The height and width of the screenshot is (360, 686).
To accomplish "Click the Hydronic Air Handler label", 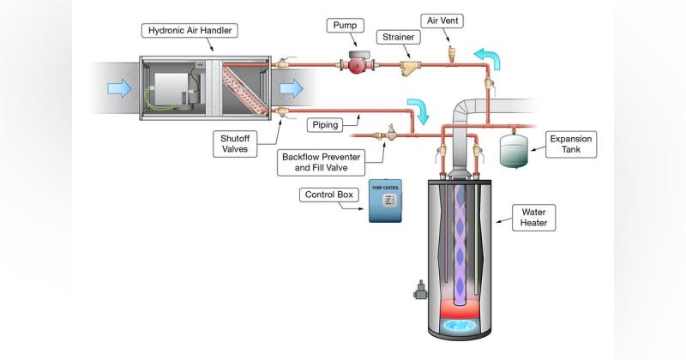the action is [x=190, y=31].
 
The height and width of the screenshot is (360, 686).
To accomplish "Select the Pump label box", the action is [x=345, y=26].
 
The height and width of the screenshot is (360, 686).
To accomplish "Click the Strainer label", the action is [x=398, y=37].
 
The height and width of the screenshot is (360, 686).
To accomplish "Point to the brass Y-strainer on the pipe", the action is [x=410, y=68].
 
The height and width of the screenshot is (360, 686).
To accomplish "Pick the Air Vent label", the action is [x=442, y=21].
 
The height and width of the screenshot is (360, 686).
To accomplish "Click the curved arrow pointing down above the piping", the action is [x=418, y=111].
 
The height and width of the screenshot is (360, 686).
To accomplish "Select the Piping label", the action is [x=325, y=125].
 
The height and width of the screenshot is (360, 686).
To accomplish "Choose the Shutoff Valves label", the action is [x=235, y=143].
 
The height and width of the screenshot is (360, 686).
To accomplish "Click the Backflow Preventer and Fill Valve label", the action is [x=321, y=162].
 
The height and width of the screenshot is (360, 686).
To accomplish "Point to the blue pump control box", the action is [x=385, y=201].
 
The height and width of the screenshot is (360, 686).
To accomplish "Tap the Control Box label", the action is [x=329, y=195].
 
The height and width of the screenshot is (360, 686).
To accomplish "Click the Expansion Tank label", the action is [x=571, y=144].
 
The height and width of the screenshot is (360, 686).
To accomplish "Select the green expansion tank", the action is [x=514, y=151].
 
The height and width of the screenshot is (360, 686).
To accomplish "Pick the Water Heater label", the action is [x=533, y=218].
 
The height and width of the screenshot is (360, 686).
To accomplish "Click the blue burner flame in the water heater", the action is [x=460, y=325].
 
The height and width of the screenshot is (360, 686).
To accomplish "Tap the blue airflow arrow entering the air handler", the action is [x=119, y=88].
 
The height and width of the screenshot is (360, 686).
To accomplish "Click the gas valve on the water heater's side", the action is [x=420, y=290].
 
